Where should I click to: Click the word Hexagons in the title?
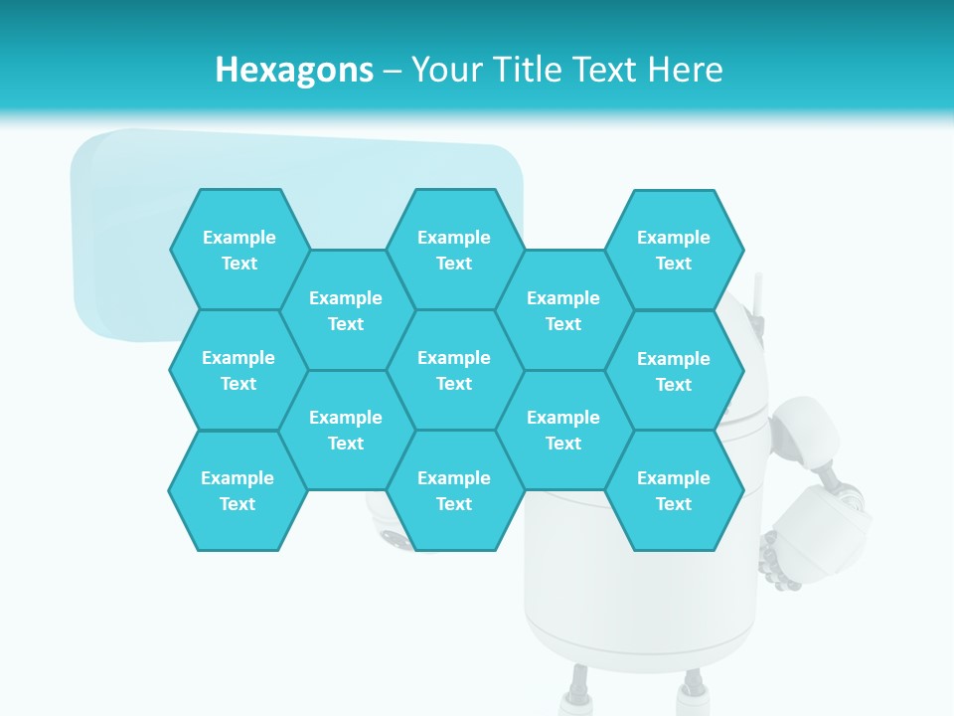[294, 70]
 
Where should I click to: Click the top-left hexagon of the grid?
[238, 250]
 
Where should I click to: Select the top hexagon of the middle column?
[454, 250]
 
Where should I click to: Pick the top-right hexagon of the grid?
[674, 250]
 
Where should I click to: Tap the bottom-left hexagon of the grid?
[238, 490]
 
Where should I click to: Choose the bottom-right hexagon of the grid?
[674, 490]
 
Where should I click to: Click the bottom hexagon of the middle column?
[454, 490]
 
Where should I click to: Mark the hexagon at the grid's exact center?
[454, 370]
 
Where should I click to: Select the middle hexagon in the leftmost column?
[238, 370]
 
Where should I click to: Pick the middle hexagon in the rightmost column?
[674, 371]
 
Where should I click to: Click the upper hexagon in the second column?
[346, 310]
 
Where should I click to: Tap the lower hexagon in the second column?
[346, 430]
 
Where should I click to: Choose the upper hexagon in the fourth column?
[563, 310]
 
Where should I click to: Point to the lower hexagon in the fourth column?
[563, 430]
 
